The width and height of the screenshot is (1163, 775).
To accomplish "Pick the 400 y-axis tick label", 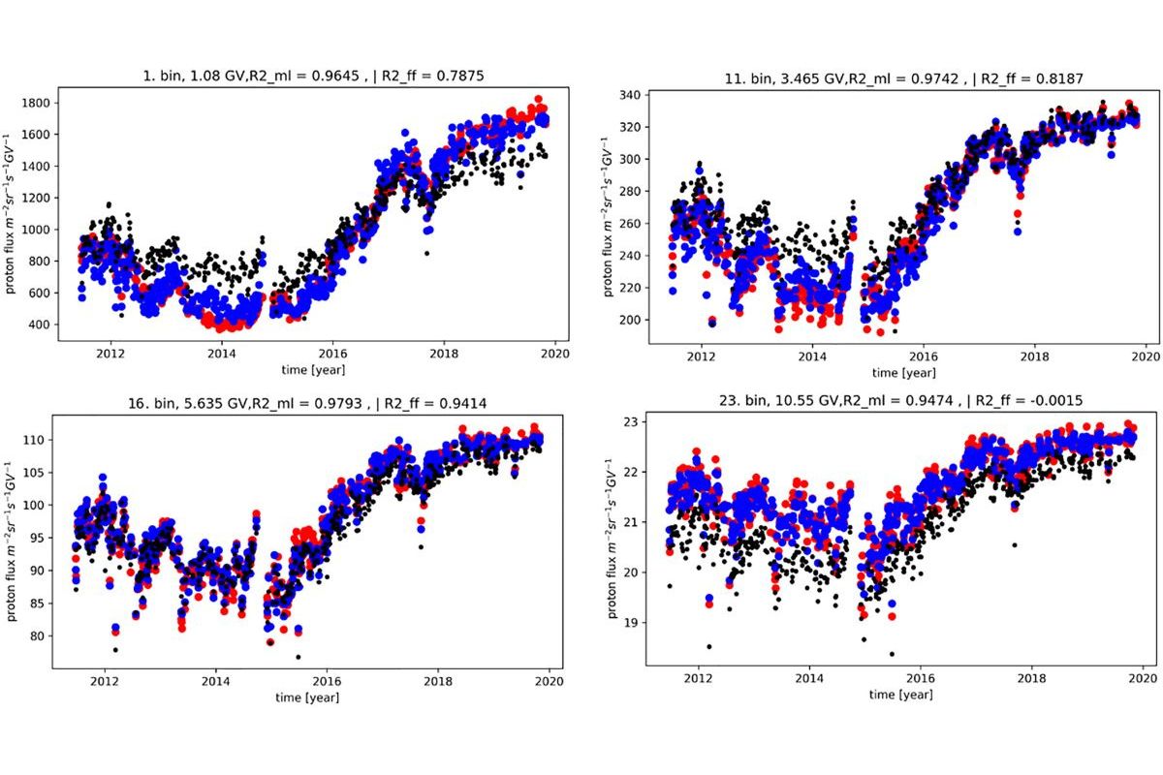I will tap(42, 325).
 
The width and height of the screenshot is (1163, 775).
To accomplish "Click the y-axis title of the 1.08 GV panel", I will tap(13, 215).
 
